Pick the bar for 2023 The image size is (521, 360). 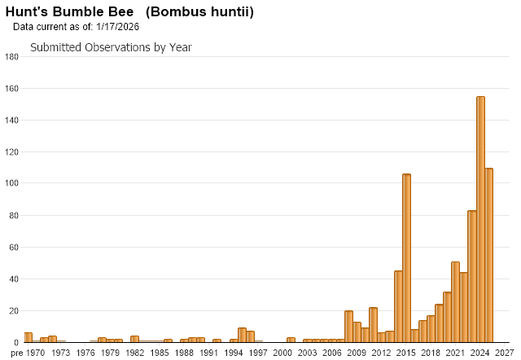pyautogui.click(x=472, y=276)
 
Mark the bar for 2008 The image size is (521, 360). pyautogui.click(x=348, y=326)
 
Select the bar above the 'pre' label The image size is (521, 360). pyautogui.click(x=28, y=337)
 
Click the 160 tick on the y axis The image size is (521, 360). pyautogui.click(x=12, y=89)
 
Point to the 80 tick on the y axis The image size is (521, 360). pyautogui.click(x=15, y=216)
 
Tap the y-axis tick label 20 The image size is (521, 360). pyautogui.click(x=15, y=311)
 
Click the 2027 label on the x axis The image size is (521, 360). pyautogui.click(x=504, y=353)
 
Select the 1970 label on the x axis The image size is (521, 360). pyautogui.click(x=36, y=353)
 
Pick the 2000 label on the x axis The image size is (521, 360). pyautogui.click(x=282, y=353)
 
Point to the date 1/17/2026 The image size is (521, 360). pyautogui.click(x=117, y=27)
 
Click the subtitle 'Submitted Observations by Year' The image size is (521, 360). pyautogui.click(x=111, y=47)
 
